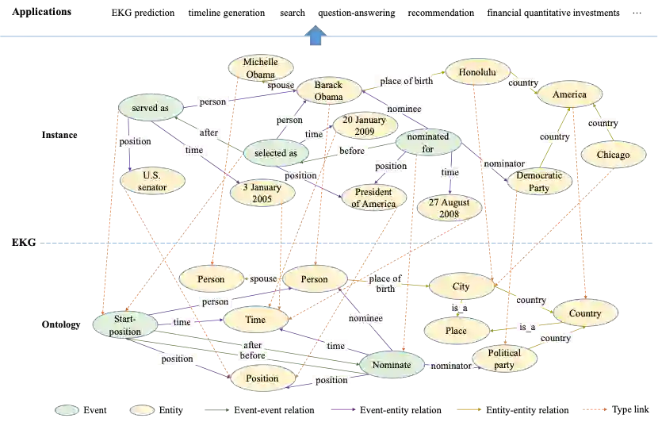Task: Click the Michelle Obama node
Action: pyautogui.click(x=260, y=68)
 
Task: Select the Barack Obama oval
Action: pyautogui.click(x=328, y=90)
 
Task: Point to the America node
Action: pyautogui.click(x=569, y=95)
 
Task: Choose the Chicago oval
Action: pyautogui.click(x=614, y=155)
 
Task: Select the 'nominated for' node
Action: pyautogui.click(x=427, y=143)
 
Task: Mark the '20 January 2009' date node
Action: pyautogui.click(x=365, y=126)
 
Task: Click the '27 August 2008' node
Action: pyautogui.click(x=449, y=209)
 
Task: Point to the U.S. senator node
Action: pyautogui.click(x=152, y=181)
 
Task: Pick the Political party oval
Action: pyautogui.click(x=504, y=359)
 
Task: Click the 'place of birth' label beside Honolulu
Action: pyautogui.click(x=406, y=81)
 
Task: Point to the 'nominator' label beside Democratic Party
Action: pyautogui.click(x=503, y=164)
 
